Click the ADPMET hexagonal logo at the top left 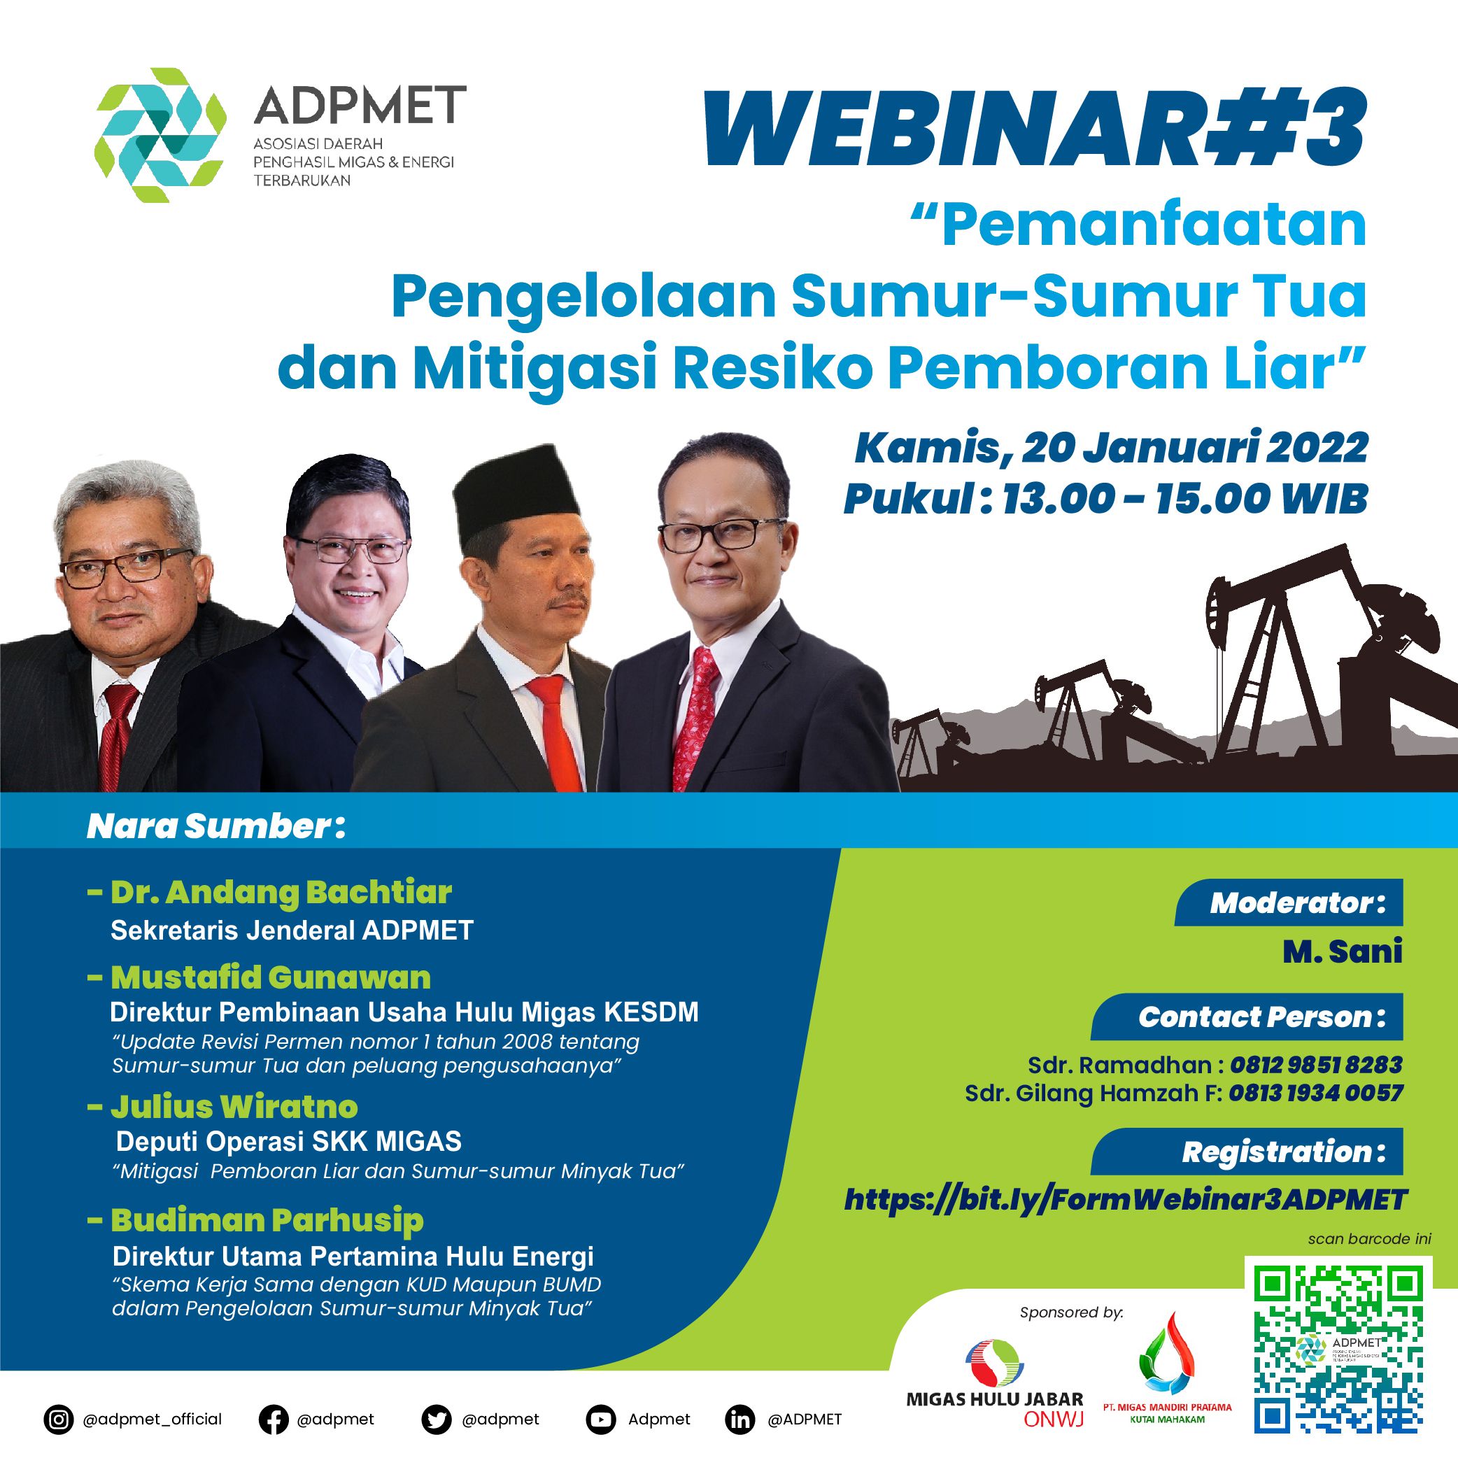click(x=160, y=135)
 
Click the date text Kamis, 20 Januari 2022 click(x=1111, y=448)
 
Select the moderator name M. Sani click(x=1343, y=951)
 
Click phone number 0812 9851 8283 click(x=1316, y=1065)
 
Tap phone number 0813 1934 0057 click(x=1315, y=1093)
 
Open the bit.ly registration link click(x=1126, y=1199)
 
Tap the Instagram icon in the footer click(x=58, y=1420)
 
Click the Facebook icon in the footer click(x=273, y=1420)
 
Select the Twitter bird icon click(x=436, y=1420)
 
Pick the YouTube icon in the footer click(x=601, y=1420)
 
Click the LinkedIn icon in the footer click(x=739, y=1420)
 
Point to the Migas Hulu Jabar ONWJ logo click(x=995, y=1383)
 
